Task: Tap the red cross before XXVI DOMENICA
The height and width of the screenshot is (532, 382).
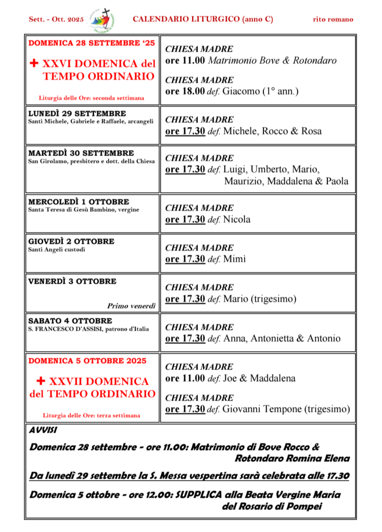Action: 34,64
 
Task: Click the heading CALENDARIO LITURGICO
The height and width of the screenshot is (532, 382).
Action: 202,19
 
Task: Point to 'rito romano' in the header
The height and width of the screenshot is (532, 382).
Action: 333,20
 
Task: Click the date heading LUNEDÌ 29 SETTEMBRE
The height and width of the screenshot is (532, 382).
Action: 77,113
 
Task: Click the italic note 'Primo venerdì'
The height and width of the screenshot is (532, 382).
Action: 131,306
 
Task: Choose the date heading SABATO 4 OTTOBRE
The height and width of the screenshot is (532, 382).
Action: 70,321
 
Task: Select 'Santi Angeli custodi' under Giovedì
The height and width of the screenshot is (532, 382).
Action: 57,250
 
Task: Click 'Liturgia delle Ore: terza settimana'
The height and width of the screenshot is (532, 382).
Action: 91,415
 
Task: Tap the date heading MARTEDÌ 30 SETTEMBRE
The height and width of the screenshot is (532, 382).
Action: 81,153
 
